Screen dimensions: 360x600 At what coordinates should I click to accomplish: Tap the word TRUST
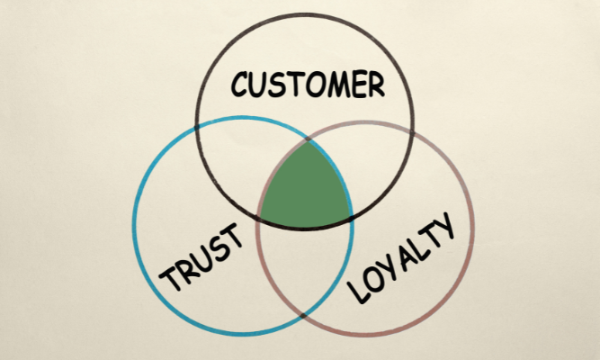[x=202, y=260]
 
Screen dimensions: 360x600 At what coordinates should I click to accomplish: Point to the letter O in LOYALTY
[x=373, y=279]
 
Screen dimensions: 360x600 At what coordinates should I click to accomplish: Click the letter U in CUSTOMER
[x=262, y=85]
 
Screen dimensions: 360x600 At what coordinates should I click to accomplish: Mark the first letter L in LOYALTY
[x=358, y=292]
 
